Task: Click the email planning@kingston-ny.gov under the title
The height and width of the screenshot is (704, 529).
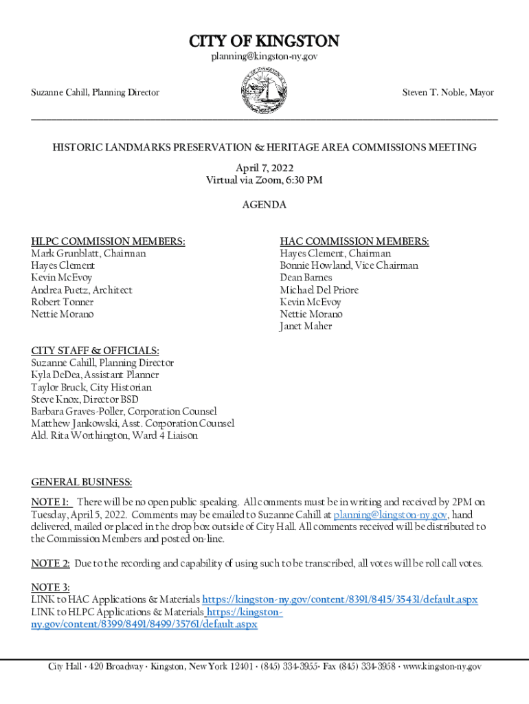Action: pyautogui.click(x=264, y=56)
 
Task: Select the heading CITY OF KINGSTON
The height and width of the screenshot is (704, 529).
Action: pyautogui.click(x=264, y=41)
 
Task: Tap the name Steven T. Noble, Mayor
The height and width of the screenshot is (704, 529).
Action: pyautogui.click(x=448, y=92)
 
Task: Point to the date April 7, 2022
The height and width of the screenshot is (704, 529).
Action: pyautogui.click(x=264, y=168)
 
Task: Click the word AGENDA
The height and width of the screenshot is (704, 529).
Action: pyautogui.click(x=264, y=205)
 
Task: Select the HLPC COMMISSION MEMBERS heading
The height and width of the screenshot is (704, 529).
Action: pyautogui.click(x=108, y=241)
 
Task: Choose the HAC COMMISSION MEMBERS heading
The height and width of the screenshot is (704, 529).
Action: pyautogui.click(x=354, y=241)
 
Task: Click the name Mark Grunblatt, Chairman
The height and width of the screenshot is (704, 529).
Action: pyautogui.click(x=89, y=253)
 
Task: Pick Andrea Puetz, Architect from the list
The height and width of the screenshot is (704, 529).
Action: pyautogui.click(x=82, y=290)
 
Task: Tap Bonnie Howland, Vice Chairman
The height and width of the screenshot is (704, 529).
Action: pyautogui.click(x=349, y=265)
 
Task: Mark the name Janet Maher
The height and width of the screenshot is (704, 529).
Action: pyautogui.click(x=306, y=327)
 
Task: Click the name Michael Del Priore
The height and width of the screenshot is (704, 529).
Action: pyautogui.click(x=319, y=290)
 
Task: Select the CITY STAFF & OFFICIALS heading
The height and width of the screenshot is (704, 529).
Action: pyautogui.click(x=95, y=351)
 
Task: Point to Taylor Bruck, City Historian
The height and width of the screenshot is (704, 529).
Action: pyautogui.click(x=91, y=387)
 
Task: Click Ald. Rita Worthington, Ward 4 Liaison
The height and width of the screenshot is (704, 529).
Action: pyautogui.click(x=114, y=436)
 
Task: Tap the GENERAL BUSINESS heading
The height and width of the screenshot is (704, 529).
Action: pyautogui.click(x=82, y=483)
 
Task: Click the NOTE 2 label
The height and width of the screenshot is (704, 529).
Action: pyautogui.click(x=50, y=564)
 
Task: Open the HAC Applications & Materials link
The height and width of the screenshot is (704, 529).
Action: pyautogui.click(x=340, y=599)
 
